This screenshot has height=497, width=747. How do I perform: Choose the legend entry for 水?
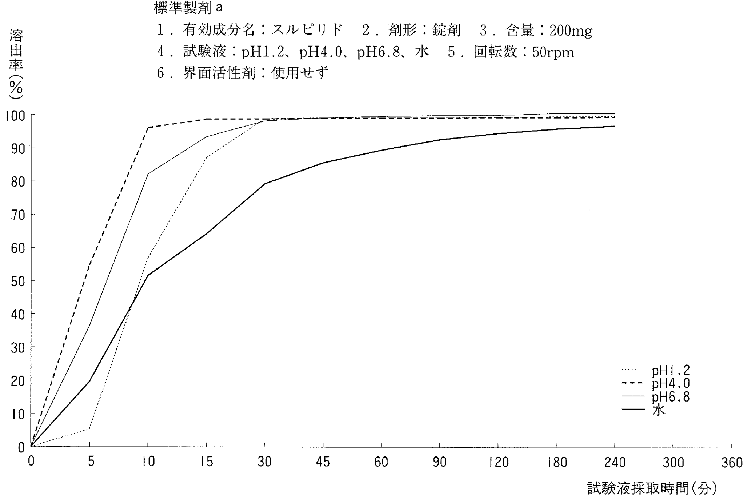coord(659,410)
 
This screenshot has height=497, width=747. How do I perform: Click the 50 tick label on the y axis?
coord(18,281)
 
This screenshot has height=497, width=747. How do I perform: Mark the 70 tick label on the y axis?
coord(18,215)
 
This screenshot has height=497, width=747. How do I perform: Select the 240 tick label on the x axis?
coord(615,463)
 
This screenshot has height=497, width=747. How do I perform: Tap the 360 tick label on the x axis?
coord(732,463)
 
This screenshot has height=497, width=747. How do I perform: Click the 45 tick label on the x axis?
coord(323,463)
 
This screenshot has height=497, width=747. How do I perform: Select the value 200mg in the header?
coord(571,31)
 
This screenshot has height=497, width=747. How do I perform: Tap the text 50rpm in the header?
coord(553,53)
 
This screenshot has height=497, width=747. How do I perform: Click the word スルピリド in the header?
coord(307,31)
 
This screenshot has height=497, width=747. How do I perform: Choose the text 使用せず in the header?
coord(300,73)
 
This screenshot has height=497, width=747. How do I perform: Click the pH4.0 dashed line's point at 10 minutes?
coord(148,128)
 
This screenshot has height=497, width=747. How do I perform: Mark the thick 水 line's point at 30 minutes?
coord(265,184)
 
